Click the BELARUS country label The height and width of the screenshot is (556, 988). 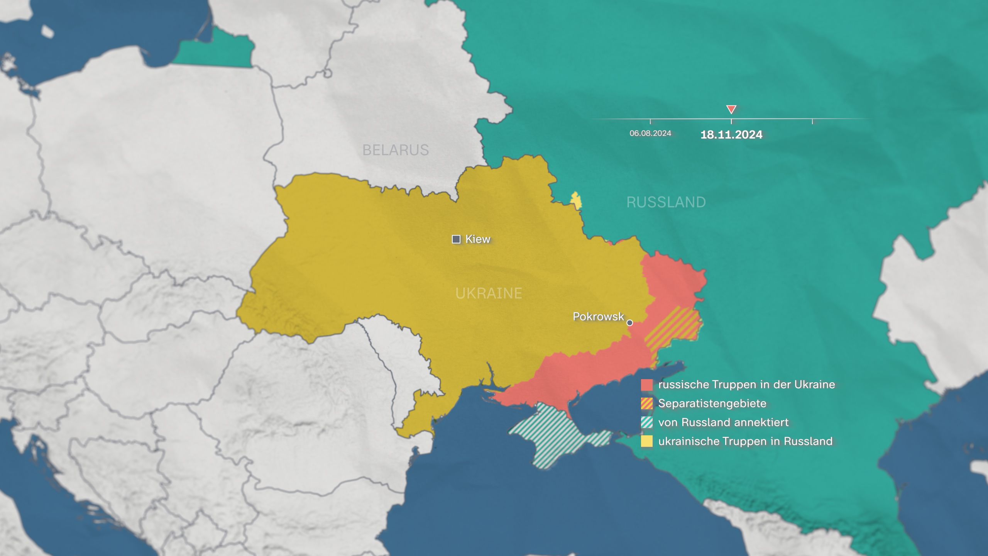pyautogui.click(x=395, y=150)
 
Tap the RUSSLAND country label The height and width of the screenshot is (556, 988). pyautogui.click(x=666, y=202)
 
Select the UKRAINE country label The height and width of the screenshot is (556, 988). pyautogui.click(x=489, y=293)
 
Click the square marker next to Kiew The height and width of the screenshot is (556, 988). pyautogui.click(x=456, y=239)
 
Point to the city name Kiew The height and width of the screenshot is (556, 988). pyautogui.click(x=478, y=239)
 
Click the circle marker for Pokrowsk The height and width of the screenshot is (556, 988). pyautogui.click(x=629, y=323)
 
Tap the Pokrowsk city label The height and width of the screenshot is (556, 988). pyautogui.click(x=598, y=317)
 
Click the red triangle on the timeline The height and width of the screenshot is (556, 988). pyautogui.click(x=731, y=109)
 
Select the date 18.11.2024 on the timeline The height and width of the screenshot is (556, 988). pyautogui.click(x=731, y=135)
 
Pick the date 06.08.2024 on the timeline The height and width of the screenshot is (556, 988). pyautogui.click(x=650, y=133)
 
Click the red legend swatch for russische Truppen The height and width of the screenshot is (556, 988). pyautogui.click(x=647, y=385)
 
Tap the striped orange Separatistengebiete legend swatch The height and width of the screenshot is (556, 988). pyautogui.click(x=647, y=403)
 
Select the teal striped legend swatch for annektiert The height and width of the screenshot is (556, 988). pyautogui.click(x=647, y=422)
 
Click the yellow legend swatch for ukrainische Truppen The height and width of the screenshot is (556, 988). pyautogui.click(x=647, y=441)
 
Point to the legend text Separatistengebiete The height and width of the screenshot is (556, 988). pyautogui.click(x=712, y=403)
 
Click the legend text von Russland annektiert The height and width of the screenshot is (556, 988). pyautogui.click(x=723, y=422)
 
